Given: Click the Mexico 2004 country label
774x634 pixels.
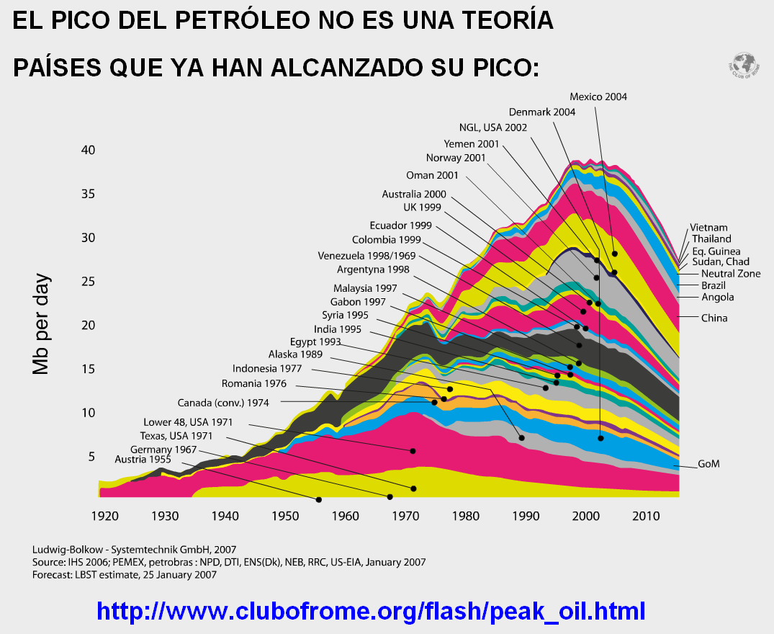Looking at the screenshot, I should tap(598, 97).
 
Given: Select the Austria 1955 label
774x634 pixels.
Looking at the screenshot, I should tap(143, 459).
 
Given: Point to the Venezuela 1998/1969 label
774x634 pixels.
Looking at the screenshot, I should tap(367, 256).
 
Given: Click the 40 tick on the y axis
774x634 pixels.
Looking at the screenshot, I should tap(89, 151).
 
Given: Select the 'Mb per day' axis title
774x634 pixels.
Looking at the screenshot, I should tap(42, 323).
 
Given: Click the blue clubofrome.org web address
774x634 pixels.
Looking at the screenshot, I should tap(371, 611).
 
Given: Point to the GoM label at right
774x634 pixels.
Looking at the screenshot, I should tap(708, 464).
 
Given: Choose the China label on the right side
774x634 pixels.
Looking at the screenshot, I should tap(714, 318).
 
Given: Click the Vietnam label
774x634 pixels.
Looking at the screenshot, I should tap(708, 228).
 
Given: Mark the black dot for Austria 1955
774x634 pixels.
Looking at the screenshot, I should tap(319, 499).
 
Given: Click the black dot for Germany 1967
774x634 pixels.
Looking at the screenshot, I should tap(390, 497).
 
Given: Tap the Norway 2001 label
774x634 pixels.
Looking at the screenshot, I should tap(456, 158).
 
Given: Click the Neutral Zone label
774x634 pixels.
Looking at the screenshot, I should tap(731, 274).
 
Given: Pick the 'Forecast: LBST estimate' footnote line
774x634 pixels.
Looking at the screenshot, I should tap(124, 575).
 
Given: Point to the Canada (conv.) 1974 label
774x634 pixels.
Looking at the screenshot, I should tap(223, 403).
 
